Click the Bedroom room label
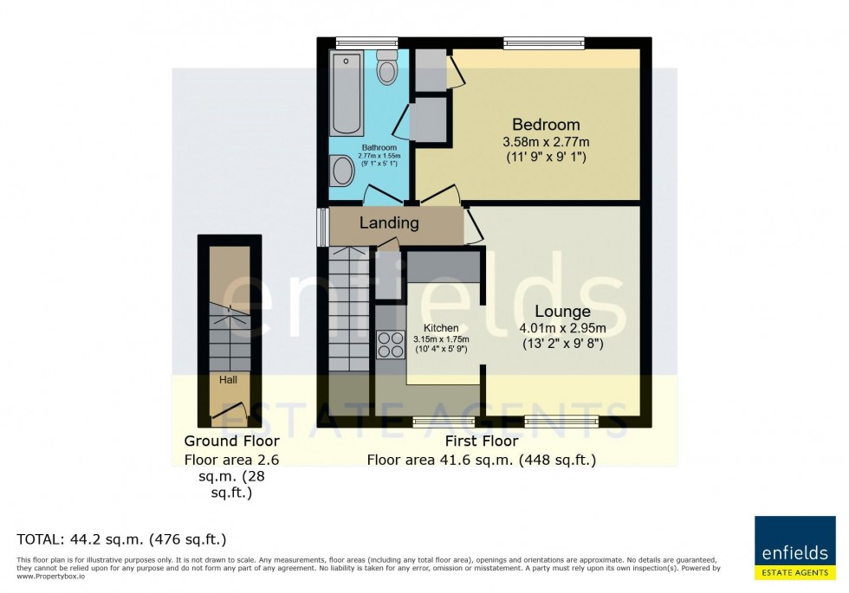[545, 124]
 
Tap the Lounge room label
[562, 312]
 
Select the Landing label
[389, 223]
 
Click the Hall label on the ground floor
[228, 379]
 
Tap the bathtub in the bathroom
[347, 93]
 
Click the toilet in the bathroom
[387, 68]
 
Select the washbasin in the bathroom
[341, 171]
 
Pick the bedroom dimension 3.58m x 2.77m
[545, 142]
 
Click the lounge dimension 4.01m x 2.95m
[562, 328]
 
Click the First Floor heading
[481, 442]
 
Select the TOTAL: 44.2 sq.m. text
[121, 539]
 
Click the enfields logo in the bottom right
[794, 547]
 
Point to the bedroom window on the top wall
[544, 42]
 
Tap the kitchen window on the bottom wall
[443, 422]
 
